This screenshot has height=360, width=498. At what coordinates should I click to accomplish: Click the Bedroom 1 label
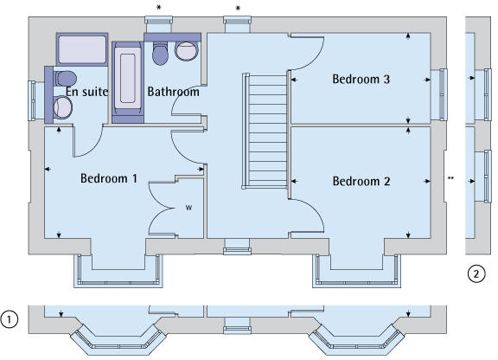coord(109,178)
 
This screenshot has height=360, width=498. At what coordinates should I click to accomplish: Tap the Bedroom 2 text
coord(361,181)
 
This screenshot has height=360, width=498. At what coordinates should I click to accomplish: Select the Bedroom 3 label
coord(361,80)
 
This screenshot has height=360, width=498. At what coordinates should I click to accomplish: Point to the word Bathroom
coord(174,92)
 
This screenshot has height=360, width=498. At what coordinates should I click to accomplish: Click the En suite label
coord(87,92)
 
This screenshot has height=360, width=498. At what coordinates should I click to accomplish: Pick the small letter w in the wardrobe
coord(188,208)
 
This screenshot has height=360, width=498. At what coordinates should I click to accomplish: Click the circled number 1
coord(9,319)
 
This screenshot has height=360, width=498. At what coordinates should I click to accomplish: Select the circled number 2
coord(476,273)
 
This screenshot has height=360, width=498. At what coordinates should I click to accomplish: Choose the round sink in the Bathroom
coord(187,51)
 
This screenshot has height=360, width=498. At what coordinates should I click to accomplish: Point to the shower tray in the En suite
coord(82,49)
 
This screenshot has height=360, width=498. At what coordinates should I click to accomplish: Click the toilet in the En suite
coord(65,79)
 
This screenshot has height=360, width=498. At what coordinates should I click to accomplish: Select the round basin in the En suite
coord(62,107)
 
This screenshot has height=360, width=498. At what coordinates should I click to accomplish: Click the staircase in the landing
coord(265,131)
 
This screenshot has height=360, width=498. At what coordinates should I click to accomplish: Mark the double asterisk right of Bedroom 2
coord(450,178)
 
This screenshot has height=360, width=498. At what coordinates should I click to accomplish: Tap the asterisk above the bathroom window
coord(159,8)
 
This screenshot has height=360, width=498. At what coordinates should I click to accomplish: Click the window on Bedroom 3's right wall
coord(441,94)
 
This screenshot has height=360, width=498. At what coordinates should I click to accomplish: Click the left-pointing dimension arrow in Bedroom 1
coord(48,169)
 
